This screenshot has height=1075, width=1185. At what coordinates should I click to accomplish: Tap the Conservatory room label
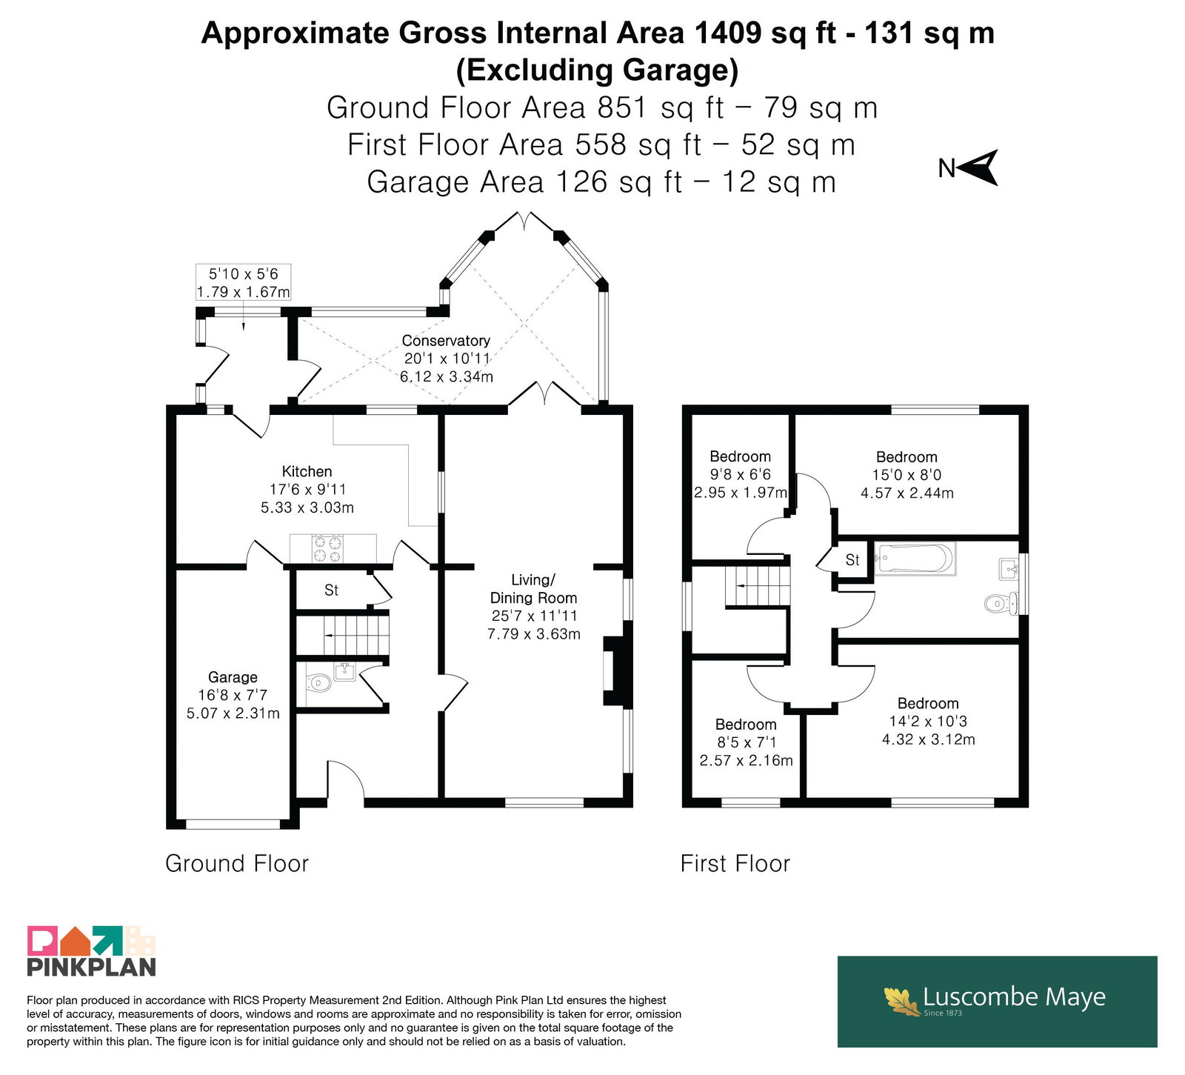point(446,341)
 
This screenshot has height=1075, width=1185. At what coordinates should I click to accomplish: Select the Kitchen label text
point(307,471)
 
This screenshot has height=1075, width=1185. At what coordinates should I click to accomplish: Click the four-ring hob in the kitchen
point(327,549)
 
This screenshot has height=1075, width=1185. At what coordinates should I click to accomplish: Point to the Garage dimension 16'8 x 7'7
point(233,695)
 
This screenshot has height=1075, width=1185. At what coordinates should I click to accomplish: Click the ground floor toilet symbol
point(318,682)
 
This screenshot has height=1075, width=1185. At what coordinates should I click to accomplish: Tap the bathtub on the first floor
point(915,559)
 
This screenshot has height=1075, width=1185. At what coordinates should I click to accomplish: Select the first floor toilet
point(1001,604)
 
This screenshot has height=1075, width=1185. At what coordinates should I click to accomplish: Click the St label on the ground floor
point(331,590)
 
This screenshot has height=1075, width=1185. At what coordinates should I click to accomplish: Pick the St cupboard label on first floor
point(852,560)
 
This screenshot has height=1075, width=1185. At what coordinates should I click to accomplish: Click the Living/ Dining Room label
point(533,588)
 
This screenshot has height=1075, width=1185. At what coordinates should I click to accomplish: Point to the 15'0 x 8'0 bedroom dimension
point(907,475)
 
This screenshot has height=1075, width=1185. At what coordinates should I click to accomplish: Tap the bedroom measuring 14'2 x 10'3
point(928,721)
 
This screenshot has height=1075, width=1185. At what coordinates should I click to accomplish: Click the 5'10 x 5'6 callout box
point(243,282)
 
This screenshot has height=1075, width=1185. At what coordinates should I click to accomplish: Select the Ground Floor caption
point(237,863)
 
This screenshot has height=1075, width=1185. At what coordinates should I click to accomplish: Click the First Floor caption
point(735,863)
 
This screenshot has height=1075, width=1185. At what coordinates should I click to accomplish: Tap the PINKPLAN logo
point(92,951)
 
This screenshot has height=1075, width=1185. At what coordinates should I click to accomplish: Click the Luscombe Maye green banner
point(997,1002)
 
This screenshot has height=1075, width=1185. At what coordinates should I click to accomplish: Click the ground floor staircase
point(342,635)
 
